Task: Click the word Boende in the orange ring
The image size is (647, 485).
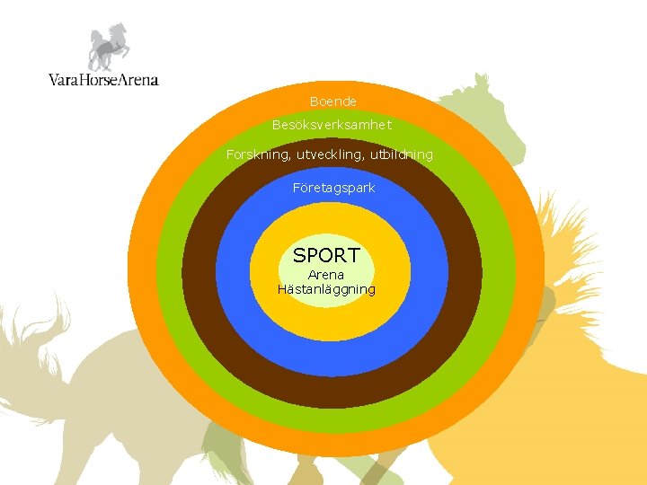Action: tap(332, 101)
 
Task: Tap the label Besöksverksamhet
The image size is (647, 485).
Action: tap(332, 125)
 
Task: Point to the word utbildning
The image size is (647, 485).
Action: tap(401, 154)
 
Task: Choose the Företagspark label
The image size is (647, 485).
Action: tap(333, 188)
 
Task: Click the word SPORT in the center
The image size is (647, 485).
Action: tap(326, 255)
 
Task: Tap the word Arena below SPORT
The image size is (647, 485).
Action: tap(325, 275)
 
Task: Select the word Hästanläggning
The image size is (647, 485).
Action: tap(326, 289)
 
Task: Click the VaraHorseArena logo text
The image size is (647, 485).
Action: tap(103, 79)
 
